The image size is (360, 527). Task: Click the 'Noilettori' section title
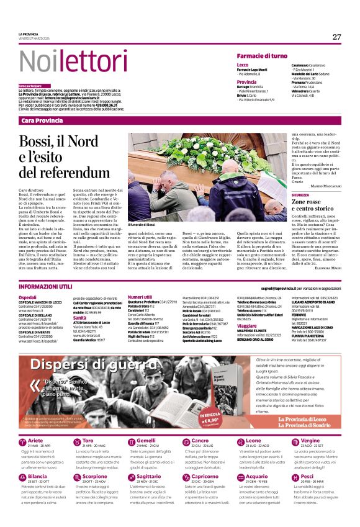click(x=65, y=61)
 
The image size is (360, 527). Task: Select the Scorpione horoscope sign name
click(x=94, y=476)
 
